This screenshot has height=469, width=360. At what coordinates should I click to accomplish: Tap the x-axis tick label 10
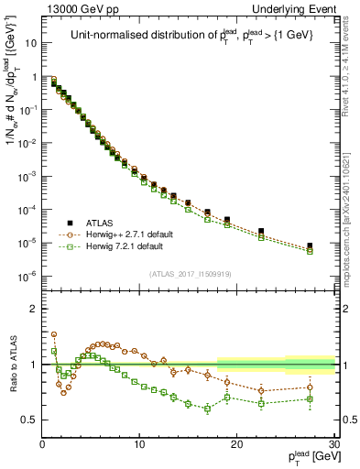pyautogui.click(x=139, y=446)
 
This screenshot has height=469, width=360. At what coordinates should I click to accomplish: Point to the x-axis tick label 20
pyautogui.click(x=236, y=446)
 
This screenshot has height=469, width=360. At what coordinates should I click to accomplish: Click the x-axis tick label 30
pyautogui.click(x=333, y=446)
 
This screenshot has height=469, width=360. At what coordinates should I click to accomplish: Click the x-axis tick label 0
pyautogui.click(x=42, y=446)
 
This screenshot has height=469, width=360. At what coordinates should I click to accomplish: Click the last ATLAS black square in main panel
pyautogui.click(x=310, y=245)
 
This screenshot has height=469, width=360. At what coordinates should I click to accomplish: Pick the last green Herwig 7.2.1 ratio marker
pyautogui.click(x=310, y=399)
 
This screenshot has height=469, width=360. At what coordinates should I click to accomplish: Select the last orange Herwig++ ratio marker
pyautogui.click(x=310, y=387)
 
